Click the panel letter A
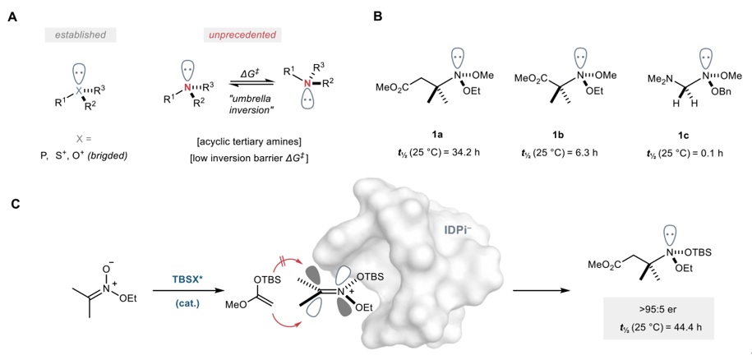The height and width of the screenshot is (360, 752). pyautogui.click(x=12, y=15)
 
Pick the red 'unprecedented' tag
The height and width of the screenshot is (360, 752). pyautogui.click(x=242, y=35)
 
